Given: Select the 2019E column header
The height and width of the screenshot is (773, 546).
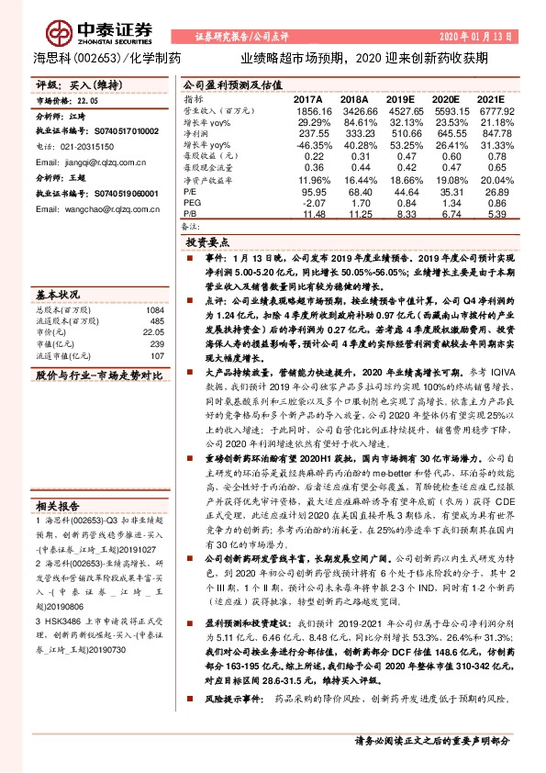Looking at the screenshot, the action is pyautogui.click(x=401, y=97).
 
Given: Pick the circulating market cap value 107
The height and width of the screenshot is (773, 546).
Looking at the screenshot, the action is pyautogui.click(x=156, y=354).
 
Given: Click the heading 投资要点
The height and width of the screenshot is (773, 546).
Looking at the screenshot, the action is pyautogui.click(x=207, y=242).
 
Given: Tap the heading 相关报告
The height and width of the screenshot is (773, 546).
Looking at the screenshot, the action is pyautogui.click(x=58, y=506).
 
